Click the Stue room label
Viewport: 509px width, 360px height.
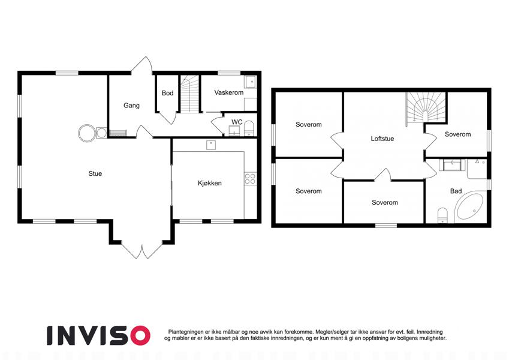pos(95,174)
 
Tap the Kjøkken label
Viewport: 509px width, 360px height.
pos(210,183)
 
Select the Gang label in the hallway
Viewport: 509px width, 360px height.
pos(131,106)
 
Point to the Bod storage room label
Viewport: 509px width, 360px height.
pos(167,93)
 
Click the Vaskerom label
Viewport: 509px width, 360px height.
pos(229,92)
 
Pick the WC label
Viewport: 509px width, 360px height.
pos(237,122)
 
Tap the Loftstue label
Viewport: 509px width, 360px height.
pos(382,139)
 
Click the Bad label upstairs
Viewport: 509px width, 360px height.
pos(456,191)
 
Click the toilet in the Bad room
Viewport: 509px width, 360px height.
pos(442,215)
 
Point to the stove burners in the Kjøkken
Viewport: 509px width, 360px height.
pos(250,179)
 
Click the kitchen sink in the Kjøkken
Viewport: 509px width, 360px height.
pos(211,145)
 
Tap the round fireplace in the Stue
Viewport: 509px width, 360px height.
pos(87,133)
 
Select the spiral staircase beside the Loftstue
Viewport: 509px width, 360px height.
pos(426,109)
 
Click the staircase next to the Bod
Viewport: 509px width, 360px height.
pos(189,94)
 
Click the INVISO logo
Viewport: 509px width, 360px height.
pos(99,335)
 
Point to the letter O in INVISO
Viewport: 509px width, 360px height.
pos(139,335)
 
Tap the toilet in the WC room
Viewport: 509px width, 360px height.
pos(249,128)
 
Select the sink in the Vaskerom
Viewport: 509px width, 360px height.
pos(251,82)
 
